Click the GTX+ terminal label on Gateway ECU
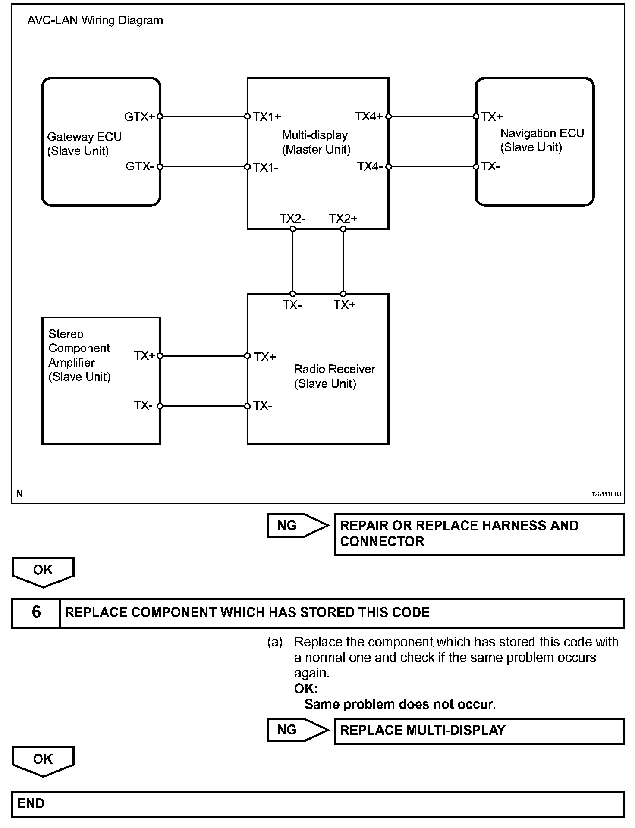(139, 116)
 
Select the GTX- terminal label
(139, 166)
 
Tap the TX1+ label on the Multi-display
(267, 117)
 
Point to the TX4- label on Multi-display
(370, 166)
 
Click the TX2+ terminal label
(343, 218)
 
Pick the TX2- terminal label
(292, 218)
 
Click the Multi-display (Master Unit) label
(316, 142)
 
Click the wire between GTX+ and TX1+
(203, 116)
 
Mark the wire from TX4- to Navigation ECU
(432, 167)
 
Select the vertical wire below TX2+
(343, 261)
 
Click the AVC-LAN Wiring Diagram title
(95, 20)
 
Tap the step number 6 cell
(36, 613)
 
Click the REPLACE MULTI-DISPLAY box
(479, 731)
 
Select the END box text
(31, 804)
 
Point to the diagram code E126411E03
(604, 494)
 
